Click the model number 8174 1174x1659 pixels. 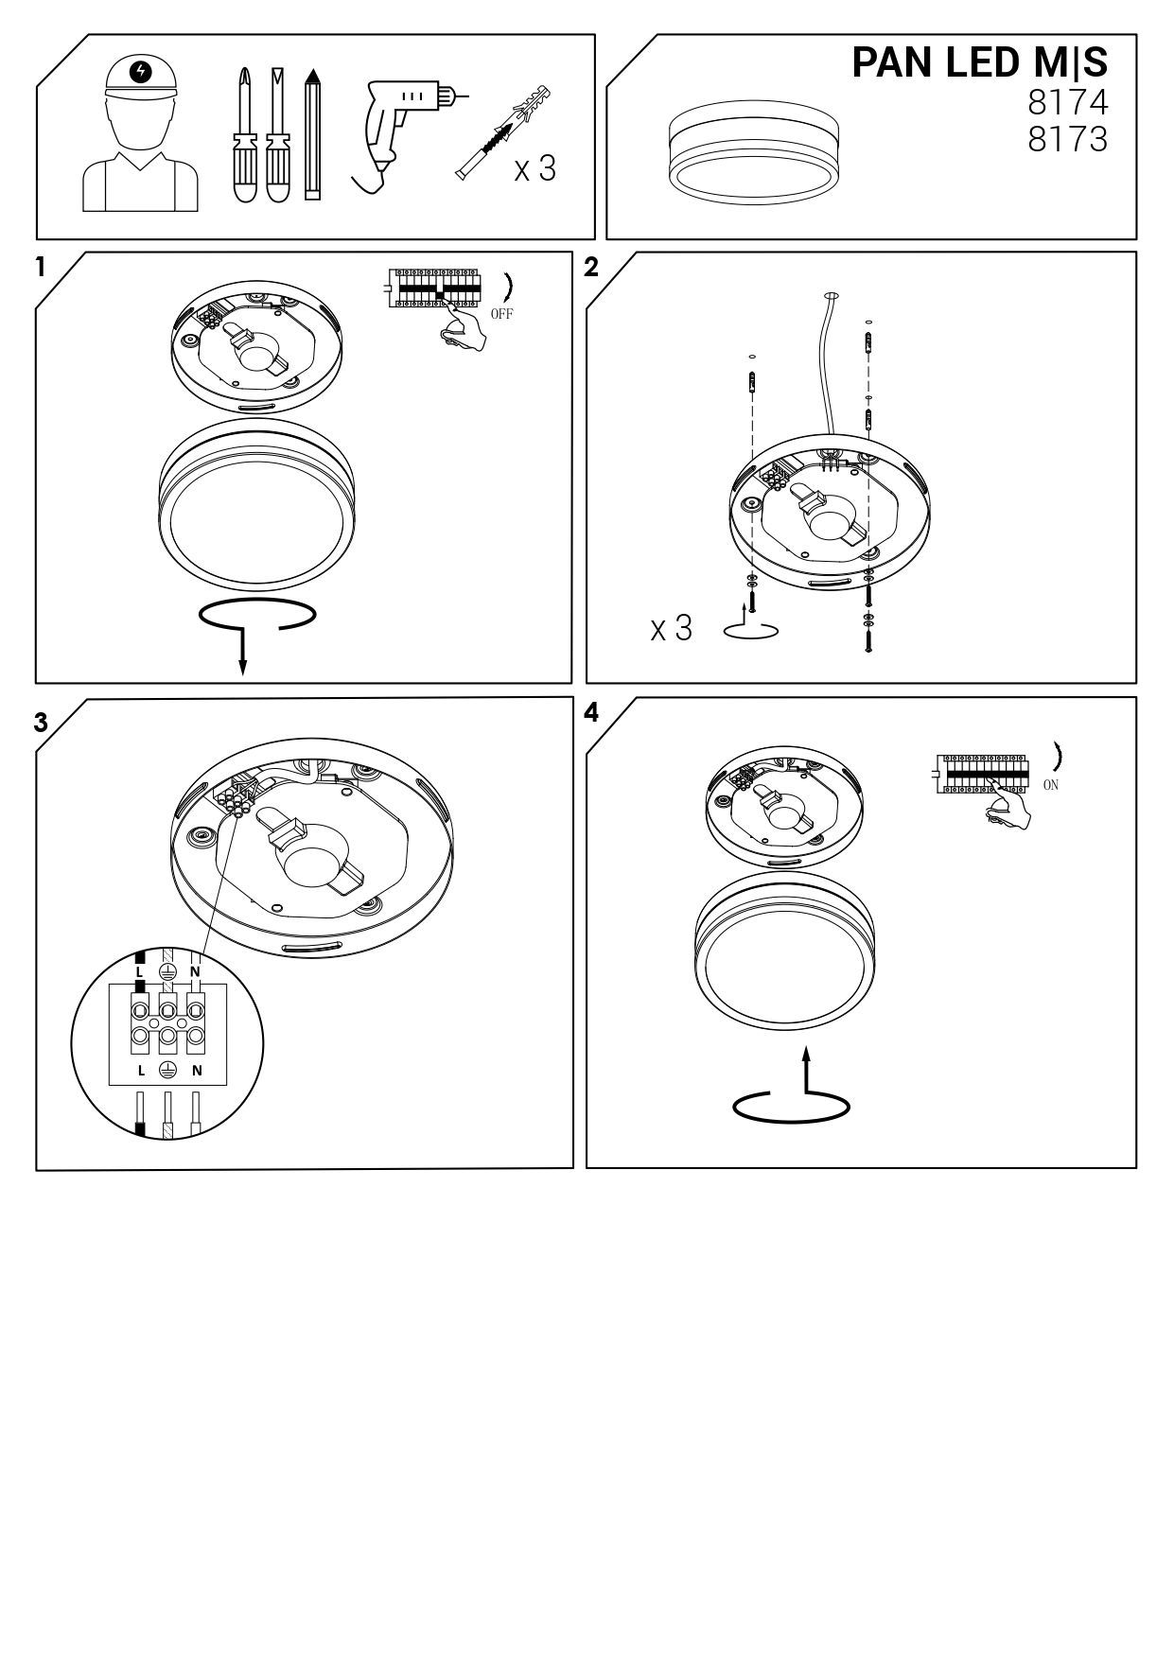pyautogui.click(x=1067, y=102)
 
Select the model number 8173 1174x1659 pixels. pyautogui.click(x=1067, y=140)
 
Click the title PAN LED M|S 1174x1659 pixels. pyautogui.click(x=979, y=62)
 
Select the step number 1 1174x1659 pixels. pyautogui.click(x=41, y=268)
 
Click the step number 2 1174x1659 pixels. pyautogui.click(x=591, y=268)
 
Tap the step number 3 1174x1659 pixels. pyautogui.click(x=41, y=723)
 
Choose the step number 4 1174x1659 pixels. pyautogui.click(x=592, y=713)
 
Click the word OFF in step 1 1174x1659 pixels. pyautogui.click(x=501, y=314)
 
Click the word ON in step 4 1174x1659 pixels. pyautogui.click(x=1051, y=785)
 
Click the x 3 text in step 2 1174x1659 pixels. pyautogui.click(x=672, y=629)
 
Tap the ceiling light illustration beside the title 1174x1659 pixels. pyautogui.click(x=754, y=154)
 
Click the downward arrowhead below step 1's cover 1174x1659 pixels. pyautogui.click(x=243, y=668)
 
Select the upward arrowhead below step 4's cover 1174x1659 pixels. pyautogui.click(x=806, y=1053)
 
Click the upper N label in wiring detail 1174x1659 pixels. pyautogui.click(x=196, y=972)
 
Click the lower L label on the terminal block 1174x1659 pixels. pyautogui.click(x=140, y=1071)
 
